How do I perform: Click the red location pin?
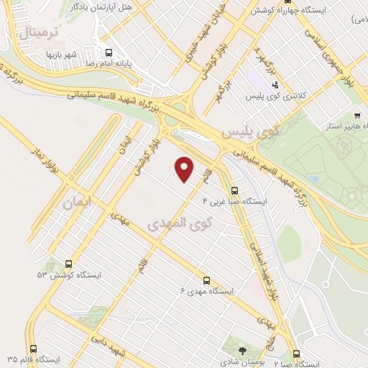(x=185, y=169)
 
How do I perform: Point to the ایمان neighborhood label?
(x=78, y=203)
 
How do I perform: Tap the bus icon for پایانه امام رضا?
(x=109, y=52)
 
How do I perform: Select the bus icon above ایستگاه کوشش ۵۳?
(x=69, y=264)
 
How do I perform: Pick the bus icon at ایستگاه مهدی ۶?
(x=207, y=280)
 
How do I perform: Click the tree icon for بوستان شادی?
(x=242, y=350)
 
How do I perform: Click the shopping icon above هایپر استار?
(x=357, y=116)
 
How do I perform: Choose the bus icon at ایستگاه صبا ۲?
(x=298, y=353)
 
